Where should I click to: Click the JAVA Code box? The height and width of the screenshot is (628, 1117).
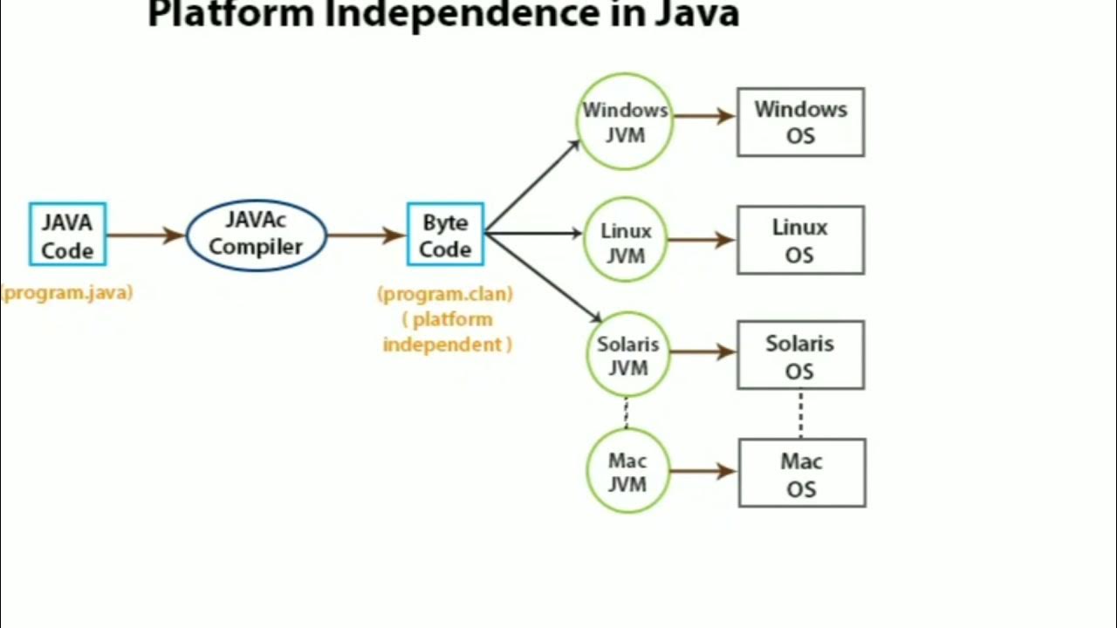pos(67,235)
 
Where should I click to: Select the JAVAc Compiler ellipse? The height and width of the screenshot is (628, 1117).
pos(256,235)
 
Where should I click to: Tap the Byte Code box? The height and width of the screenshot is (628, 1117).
pos(445,235)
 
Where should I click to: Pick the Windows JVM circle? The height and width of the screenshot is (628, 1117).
pos(625,121)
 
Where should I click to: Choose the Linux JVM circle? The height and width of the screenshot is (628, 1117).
pos(626,242)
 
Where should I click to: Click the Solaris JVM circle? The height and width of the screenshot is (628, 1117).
pos(627,355)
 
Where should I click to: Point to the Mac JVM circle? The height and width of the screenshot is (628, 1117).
pos(627,471)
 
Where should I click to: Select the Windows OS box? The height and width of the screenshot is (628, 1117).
pos(800,122)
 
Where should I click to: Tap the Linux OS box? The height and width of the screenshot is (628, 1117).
pos(800,240)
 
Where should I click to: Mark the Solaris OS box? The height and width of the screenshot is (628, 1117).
pos(800,355)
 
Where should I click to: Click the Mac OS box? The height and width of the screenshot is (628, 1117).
pos(802,473)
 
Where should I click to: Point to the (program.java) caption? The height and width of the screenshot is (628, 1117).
pos(67,293)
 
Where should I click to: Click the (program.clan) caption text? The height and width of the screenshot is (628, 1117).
pos(445,294)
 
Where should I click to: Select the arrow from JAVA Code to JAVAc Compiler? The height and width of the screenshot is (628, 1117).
pos(146,235)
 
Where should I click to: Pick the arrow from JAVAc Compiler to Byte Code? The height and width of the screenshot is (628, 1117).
pos(367,235)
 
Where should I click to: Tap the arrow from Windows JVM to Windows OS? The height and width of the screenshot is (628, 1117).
pos(704,115)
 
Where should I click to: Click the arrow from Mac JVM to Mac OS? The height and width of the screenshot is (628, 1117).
pos(703,471)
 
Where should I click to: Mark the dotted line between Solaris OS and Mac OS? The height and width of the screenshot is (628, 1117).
pos(800,413)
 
